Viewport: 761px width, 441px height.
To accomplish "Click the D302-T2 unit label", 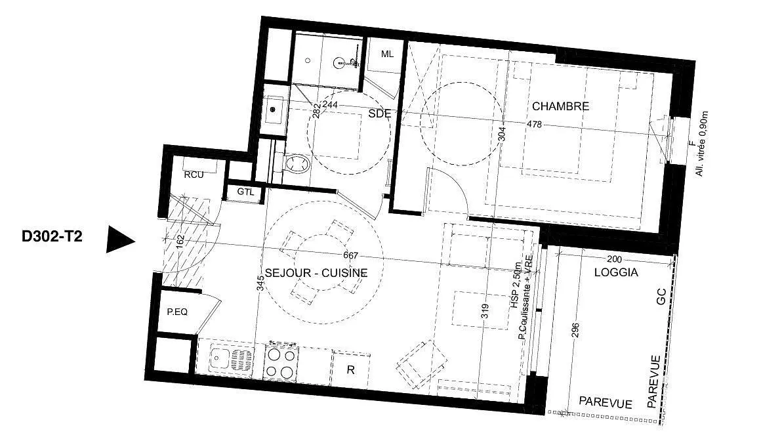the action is coord(52,236).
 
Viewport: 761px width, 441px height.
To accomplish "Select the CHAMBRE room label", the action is coord(560,106).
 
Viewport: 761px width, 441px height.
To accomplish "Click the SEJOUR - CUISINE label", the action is coord(316,273).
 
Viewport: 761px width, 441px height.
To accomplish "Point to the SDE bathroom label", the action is coord(380,114).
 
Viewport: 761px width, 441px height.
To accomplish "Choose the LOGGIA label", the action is coord(617,272).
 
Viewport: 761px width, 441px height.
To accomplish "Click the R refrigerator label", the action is coord(350,370).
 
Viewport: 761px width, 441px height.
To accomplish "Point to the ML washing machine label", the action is coord(387,54).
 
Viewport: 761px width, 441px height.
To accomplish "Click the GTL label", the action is coord(245,192).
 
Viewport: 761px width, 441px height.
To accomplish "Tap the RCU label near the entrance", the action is coord(194,175).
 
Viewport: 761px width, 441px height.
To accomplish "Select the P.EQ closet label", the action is coord(177,312).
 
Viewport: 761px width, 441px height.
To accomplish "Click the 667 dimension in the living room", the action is coord(350,255).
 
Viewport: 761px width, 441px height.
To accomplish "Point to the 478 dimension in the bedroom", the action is coord(535,124).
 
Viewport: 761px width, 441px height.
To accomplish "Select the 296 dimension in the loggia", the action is coord(575,333).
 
